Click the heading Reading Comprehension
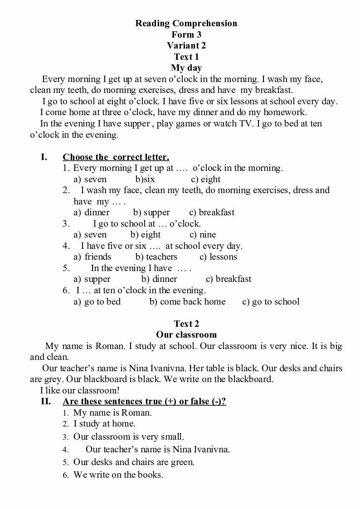pyautogui.click(x=186, y=24)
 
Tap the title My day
pyautogui.click(x=186, y=68)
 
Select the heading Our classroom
pyautogui.click(x=186, y=335)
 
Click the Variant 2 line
pyautogui.click(x=186, y=45)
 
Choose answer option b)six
pyautogui.click(x=145, y=179)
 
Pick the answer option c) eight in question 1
pyautogui.click(x=206, y=179)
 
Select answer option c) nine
pyautogui.click(x=203, y=235)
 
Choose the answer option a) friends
pyautogui.click(x=92, y=257)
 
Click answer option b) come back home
pyautogui.click(x=187, y=302)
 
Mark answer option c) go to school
pyautogui.click(x=271, y=302)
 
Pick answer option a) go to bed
pyautogui.click(x=97, y=302)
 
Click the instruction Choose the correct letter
pyautogui.click(x=116, y=157)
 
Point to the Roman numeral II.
pyautogui.click(x=46, y=402)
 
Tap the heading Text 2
pyautogui.click(x=186, y=324)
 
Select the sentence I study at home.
pyautogui.click(x=104, y=424)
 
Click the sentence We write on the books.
pyautogui.click(x=118, y=475)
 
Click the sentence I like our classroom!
pyautogui.click(x=80, y=390)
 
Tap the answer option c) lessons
pyautogui.click(x=218, y=257)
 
